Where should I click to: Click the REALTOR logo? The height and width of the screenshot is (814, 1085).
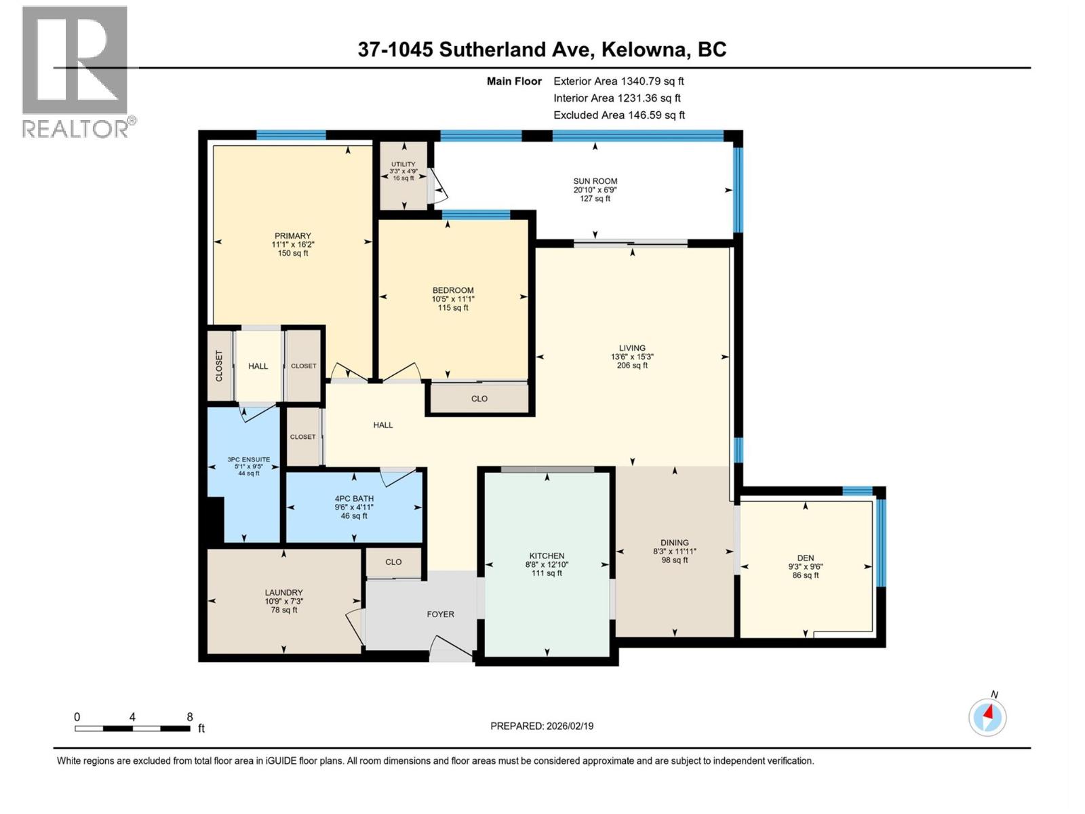click(x=75, y=71)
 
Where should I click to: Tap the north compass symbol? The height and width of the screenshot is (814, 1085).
click(x=987, y=717)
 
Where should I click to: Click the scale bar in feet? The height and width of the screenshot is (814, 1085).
click(x=133, y=728)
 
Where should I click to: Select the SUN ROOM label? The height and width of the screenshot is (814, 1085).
click(x=595, y=181)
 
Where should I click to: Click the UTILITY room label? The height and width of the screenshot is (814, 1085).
click(x=403, y=164)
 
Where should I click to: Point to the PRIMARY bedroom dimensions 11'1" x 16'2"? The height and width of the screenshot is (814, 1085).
click(x=293, y=245)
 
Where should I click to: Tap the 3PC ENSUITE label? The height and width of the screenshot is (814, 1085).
click(x=249, y=459)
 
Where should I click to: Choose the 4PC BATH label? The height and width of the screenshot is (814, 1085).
click(x=354, y=499)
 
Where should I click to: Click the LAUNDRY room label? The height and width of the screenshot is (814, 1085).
click(x=283, y=592)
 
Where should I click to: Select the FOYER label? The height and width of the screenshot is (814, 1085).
click(x=440, y=614)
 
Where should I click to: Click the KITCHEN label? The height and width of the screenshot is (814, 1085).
click(x=547, y=556)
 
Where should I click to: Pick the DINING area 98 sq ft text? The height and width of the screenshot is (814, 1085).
click(x=675, y=560)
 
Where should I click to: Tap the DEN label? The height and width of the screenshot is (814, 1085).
click(x=806, y=558)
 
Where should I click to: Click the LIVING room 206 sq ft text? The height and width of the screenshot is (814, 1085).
click(x=632, y=366)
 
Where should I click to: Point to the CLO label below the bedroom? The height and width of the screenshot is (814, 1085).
click(x=479, y=399)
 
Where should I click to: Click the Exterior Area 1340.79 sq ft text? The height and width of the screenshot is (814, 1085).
click(x=618, y=81)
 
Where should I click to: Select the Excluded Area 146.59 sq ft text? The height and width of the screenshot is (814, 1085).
click(x=619, y=115)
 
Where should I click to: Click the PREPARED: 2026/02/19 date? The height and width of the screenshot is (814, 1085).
click(x=542, y=726)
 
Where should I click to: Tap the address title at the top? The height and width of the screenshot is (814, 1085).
click(x=542, y=50)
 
